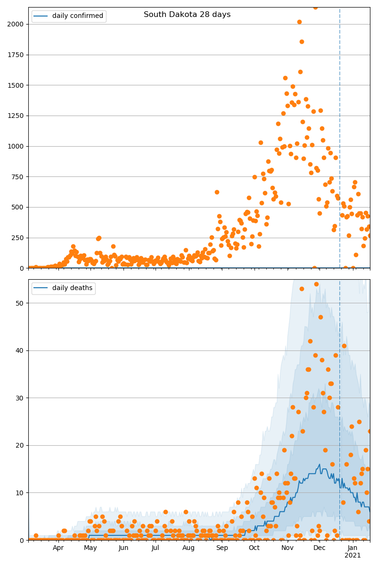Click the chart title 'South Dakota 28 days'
187,15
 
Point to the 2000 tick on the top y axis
16,24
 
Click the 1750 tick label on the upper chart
16,55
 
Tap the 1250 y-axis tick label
16,116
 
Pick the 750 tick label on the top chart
18,177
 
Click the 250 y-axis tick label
18,238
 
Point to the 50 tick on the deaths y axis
20,303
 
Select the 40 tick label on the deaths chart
20,350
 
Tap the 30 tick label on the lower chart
20,398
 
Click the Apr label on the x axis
58,548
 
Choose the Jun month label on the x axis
123,548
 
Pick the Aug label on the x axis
188,548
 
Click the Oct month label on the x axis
254,548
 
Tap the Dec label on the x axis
320,548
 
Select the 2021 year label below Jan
352,556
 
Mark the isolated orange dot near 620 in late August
217,192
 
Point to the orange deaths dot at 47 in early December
320,317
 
